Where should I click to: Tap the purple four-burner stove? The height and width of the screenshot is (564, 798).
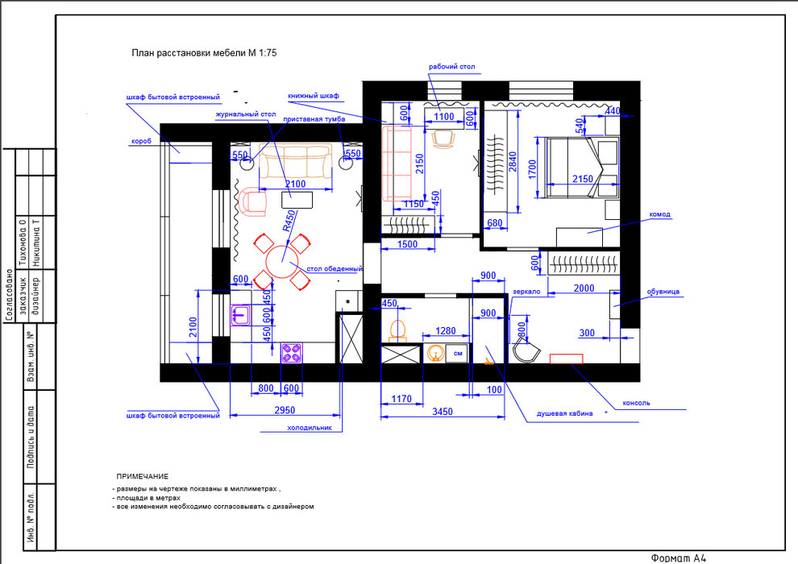292,352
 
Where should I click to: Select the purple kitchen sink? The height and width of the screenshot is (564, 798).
240,314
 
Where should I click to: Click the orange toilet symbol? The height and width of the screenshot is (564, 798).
398,330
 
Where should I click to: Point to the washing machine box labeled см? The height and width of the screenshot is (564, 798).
457,354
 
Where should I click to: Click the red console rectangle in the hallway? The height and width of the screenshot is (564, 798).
566,359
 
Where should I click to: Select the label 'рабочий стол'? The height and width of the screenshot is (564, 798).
451,67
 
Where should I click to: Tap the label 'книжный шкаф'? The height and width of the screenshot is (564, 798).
314,96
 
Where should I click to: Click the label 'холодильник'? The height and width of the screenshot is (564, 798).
310,428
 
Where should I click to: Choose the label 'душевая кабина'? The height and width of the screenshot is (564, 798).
564,413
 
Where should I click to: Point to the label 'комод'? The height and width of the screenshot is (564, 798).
659,214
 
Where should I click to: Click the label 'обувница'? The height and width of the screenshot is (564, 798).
663,292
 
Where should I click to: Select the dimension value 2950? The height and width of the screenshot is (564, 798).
285,410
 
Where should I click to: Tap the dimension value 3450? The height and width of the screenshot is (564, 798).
443,412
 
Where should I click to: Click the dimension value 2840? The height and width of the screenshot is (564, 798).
513,162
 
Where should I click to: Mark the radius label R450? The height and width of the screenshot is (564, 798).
289,221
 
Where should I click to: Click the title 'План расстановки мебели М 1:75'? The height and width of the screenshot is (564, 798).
204,53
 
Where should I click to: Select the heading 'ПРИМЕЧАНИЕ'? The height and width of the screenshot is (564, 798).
142,476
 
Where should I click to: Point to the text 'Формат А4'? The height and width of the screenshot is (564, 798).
679,558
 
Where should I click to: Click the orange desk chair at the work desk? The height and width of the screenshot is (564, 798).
443,139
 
